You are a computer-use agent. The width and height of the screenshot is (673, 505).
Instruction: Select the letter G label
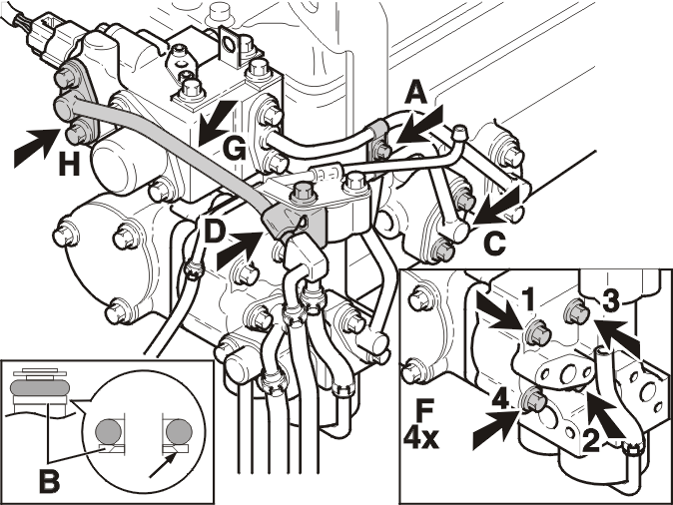pyautogui.click(x=235, y=150)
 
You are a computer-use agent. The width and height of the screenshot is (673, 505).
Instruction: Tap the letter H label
pyautogui.click(x=69, y=164)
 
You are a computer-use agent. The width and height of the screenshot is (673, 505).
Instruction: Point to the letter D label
pyautogui.click(x=214, y=233)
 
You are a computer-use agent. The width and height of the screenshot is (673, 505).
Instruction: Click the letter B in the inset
pyautogui.click(x=49, y=481)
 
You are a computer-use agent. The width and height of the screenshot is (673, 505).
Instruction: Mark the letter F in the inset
pyautogui.click(x=425, y=410)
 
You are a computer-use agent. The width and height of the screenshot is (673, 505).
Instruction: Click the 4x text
pyautogui.click(x=421, y=438)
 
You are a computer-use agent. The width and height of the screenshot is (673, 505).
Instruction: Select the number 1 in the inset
pyautogui.click(x=529, y=299)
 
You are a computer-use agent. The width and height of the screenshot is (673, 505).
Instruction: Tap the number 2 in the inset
pyautogui.click(x=590, y=441)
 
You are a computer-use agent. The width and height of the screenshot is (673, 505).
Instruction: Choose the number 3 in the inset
pyautogui.click(x=611, y=301)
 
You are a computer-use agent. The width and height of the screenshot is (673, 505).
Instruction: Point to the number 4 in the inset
pyautogui.click(x=500, y=400)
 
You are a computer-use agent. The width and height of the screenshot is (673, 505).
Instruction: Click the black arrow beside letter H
pyautogui.click(x=37, y=147)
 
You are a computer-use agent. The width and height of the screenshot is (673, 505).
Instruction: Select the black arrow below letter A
pyautogui.click(x=419, y=125)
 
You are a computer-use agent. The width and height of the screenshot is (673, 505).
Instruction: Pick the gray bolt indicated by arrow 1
pyautogui.click(x=534, y=332)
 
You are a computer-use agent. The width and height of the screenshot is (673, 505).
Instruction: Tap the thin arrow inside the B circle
pyautogui.click(x=162, y=465)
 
